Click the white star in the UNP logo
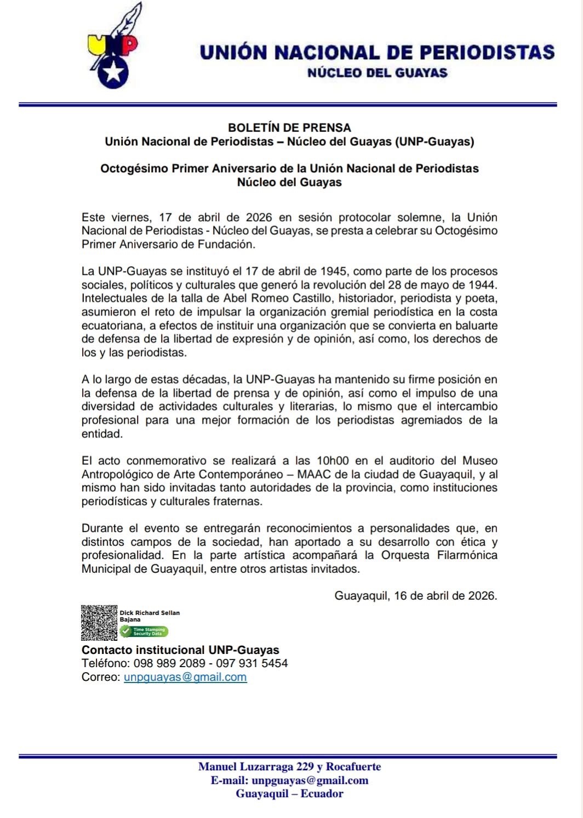(113, 72)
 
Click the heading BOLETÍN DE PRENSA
(289, 127)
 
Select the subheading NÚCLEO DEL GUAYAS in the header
(377, 72)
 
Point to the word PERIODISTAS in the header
(487, 52)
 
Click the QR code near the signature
(99, 623)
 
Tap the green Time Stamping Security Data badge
(144, 631)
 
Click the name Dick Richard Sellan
(150, 613)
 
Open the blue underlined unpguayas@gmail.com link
(185, 677)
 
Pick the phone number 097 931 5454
(252, 663)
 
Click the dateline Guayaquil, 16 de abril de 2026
(415, 596)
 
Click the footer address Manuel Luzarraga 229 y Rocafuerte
(289, 767)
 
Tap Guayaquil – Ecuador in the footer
(289, 793)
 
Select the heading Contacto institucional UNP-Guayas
(180, 650)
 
